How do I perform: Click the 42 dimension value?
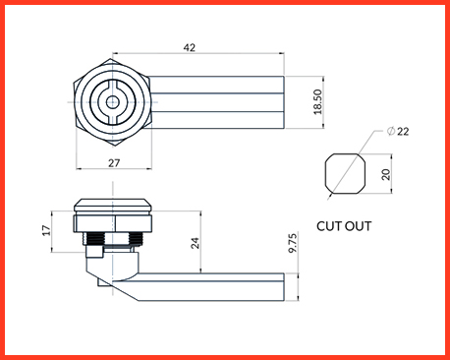pos(190,48)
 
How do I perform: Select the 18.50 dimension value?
pos(317,102)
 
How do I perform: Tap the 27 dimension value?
pos(114,163)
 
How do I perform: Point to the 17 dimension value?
pos(46,230)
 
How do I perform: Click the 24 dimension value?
pos(195,243)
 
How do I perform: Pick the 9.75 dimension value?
pos(293,243)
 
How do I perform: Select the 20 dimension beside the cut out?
pos(386,174)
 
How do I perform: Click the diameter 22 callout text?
pos(398,132)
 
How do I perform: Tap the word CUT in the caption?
pos(328,226)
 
